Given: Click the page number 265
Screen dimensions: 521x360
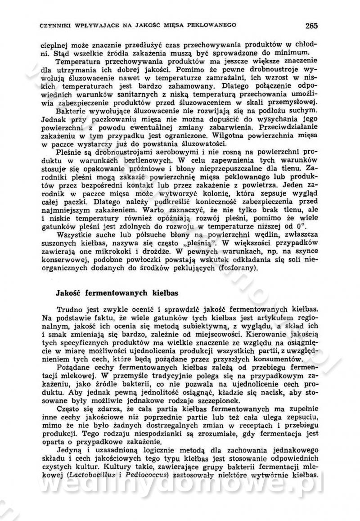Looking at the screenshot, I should point(311,25).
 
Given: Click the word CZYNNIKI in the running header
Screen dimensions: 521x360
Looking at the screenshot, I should point(55,26).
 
